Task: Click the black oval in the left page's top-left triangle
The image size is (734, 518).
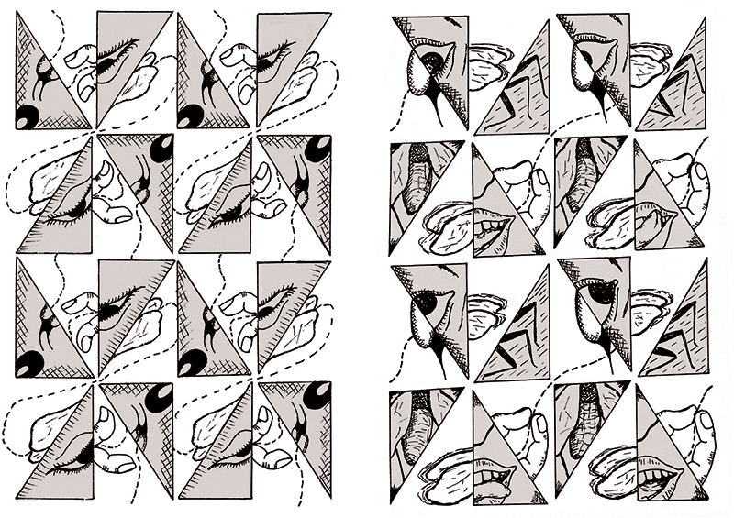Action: tap(28, 115)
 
